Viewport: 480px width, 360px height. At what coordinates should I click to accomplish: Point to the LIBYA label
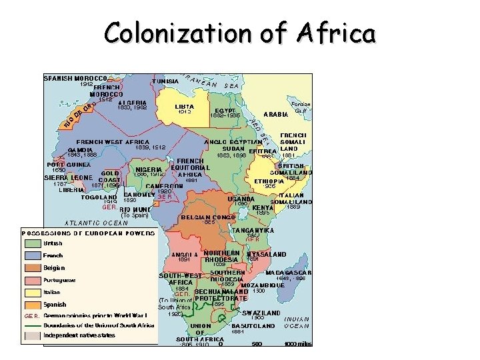(x=184, y=107)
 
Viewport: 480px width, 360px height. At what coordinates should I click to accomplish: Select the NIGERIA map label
(x=149, y=169)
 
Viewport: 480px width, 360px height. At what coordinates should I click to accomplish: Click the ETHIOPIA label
(x=269, y=181)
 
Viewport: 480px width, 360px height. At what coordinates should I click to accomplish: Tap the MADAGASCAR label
(x=289, y=272)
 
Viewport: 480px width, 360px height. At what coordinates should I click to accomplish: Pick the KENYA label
(x=263, y=207)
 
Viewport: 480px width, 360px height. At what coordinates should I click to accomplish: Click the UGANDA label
(x=241, y=198)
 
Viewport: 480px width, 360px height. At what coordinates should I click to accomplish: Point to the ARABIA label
(x=276, y=115)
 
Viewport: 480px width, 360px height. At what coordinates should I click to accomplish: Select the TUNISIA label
(x=165, y=81)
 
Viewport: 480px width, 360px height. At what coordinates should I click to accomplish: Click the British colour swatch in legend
(x=33, y=243)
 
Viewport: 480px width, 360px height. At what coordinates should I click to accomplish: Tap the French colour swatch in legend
(x=33, y=255)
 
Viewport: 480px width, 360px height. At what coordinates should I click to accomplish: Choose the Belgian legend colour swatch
(x=33, y=267)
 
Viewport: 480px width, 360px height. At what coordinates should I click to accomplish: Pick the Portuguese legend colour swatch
(x=33, y=280)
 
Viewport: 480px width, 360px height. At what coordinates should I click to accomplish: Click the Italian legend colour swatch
(x=33, y=292)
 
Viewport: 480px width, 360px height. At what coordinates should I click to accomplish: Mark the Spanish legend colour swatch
(x=33, y=304)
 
